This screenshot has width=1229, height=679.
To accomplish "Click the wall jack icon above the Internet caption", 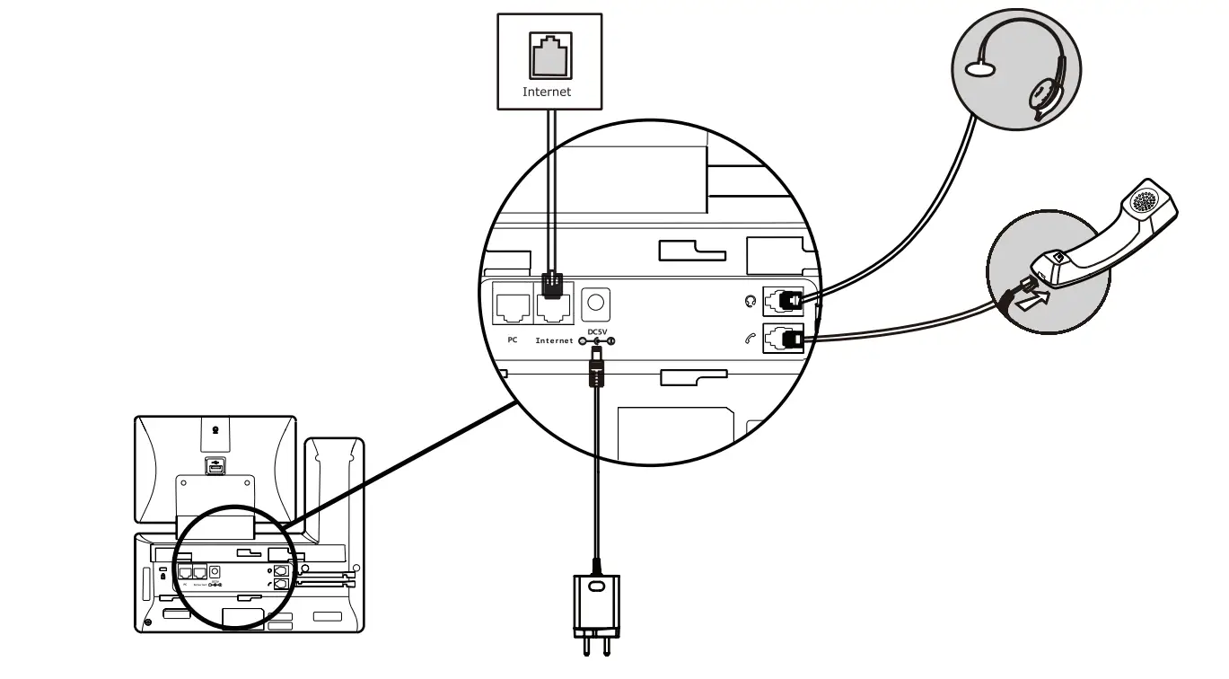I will click(549, 57).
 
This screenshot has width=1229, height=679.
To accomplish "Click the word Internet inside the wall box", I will click(547, 92).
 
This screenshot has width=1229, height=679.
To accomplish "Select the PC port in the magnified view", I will click(512, 308).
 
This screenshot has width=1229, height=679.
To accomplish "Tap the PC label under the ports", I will click(512, 340).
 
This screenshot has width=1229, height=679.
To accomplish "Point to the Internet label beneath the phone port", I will click(554, 341).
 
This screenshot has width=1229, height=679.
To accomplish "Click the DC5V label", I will click(596, 331).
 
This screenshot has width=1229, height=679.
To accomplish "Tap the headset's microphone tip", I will click(979, 70).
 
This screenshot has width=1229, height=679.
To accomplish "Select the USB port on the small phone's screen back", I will click(215, 466).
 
